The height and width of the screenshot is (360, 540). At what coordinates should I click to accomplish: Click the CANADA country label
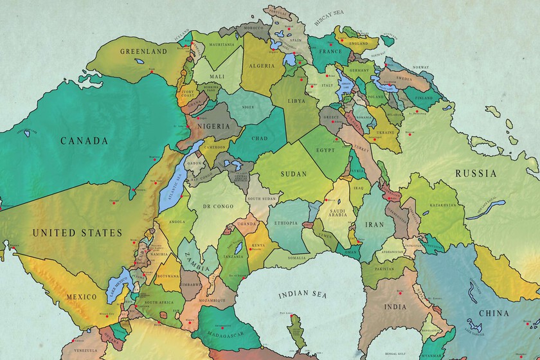coord(83,140)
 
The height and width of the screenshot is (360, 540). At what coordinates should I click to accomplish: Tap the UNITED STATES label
coord(76,233)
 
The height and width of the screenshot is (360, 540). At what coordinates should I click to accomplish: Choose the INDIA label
coord(395,307)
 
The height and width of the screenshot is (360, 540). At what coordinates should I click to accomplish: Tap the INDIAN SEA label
coord(301,295)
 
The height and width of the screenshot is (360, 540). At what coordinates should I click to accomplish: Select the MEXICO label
coord(82,297)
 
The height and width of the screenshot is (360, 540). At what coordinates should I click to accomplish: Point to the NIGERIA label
coord(213,126)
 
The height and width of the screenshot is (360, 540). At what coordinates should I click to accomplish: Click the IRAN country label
coord(374,225)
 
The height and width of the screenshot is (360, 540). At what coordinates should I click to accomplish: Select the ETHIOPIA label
coord(286,223)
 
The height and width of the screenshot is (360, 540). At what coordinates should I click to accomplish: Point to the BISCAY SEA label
coord(328,21)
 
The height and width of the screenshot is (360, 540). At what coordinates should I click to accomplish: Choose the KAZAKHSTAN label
coord(443,205)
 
